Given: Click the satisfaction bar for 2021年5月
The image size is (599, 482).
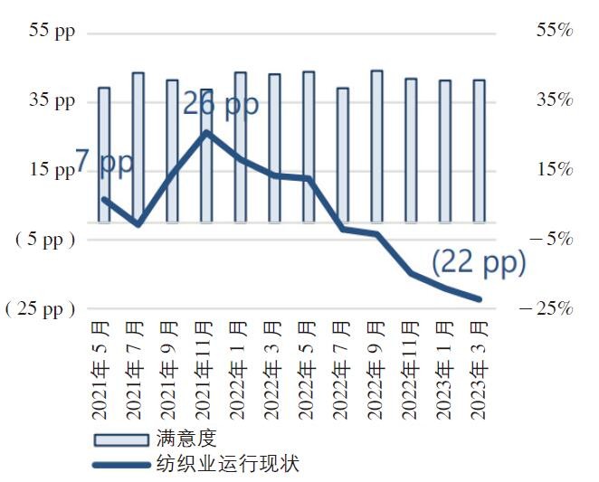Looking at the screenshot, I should [x=104, y=154].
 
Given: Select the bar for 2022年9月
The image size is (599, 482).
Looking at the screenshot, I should [x=376, y=145].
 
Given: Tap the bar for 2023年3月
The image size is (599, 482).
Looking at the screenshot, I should [x=480, y=150].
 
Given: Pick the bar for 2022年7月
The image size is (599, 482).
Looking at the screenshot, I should [x=342, y=154].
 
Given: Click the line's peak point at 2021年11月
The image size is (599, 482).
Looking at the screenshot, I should [x=206, y=132].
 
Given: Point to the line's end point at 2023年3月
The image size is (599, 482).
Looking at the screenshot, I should [x=480, y=299].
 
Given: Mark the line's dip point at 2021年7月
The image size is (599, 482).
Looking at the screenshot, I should [x=138, y=223].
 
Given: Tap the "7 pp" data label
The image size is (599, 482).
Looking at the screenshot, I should [x=104, y=163].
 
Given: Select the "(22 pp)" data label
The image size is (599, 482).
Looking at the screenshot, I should [x=478, y=263].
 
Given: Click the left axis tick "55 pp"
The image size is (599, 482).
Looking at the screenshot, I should [x=52, y=30].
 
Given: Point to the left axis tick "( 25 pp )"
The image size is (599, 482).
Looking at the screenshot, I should [x=40, y=309].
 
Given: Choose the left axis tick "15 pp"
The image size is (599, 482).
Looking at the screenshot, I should [x=52, y=170].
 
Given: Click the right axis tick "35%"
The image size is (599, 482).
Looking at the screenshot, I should [x=554, y=99].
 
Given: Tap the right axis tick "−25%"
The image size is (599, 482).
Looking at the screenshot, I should [x=547, y=309].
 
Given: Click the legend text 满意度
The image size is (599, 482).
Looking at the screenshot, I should [x=186, y=439].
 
